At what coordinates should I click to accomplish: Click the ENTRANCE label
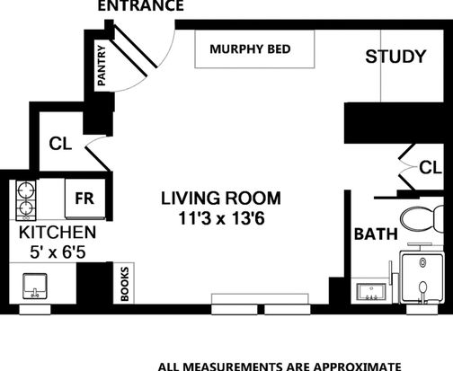coord(140,5)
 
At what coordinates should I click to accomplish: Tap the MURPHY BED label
coord(250,49)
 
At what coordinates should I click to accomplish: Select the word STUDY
coord(395,57)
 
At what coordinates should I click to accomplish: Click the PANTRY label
coord(102,66)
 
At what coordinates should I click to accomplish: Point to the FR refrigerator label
coord(84,199)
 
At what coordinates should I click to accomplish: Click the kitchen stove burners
coord(26,199)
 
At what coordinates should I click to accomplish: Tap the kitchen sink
coord(35,286)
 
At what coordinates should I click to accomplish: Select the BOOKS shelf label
coord(125,284)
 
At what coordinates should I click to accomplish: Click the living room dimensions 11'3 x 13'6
coord(221,218)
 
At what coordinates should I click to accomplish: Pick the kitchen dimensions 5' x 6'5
coord(58,252)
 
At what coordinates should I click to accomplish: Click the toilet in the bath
coord(422,219)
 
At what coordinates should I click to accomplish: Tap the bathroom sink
coord(371,292)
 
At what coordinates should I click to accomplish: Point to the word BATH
coord(376,234)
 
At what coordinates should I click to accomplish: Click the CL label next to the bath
coord(431,167)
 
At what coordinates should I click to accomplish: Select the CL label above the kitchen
coord(60,144)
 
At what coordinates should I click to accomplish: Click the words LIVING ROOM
coord(221,199)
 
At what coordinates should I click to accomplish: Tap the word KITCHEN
coord(58,233)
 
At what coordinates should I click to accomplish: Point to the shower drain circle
coord(422,262)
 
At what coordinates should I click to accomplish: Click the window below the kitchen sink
coord(35,309)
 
